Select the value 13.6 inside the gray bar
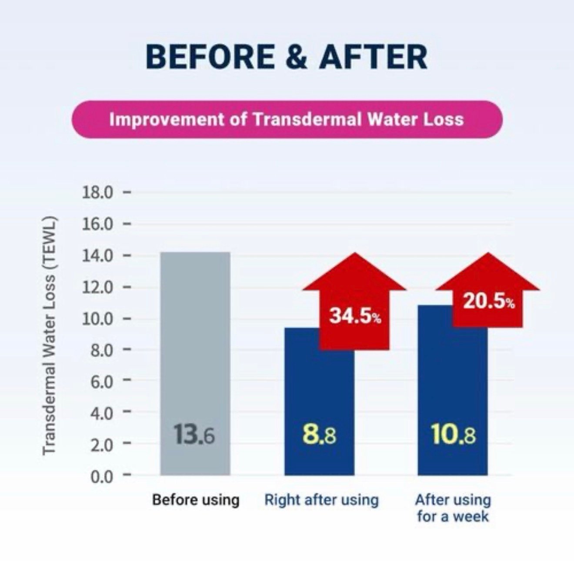point(194,434)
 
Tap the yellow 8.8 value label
point(319,434)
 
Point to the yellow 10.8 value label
point(453,434)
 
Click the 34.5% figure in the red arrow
point(355,316)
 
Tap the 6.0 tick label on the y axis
point(102,381)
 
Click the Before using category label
point(196,500)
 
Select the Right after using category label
point(321,500)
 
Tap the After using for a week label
point(453,508)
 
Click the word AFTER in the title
point(373,57)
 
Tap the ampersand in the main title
point(297,57)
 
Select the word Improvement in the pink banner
point(167,119)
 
